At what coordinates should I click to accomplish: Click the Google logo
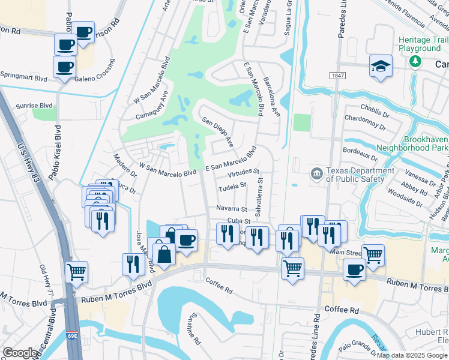click(20, 353)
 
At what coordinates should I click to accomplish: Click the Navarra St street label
click(232, 209)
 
